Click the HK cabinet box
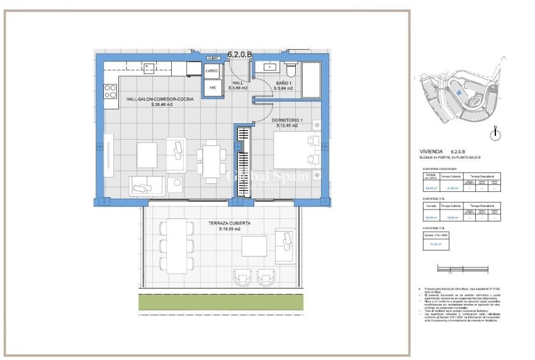[212, 88]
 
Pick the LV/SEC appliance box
[212, 71]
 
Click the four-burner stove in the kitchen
[110, 91]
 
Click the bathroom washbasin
[271, 65]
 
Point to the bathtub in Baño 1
[313, 79]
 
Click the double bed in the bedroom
[292, 151]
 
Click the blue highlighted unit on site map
[459, 92]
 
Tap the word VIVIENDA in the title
[431, 152]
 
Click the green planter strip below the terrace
[217, 301]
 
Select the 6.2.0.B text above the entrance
[240, 55]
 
